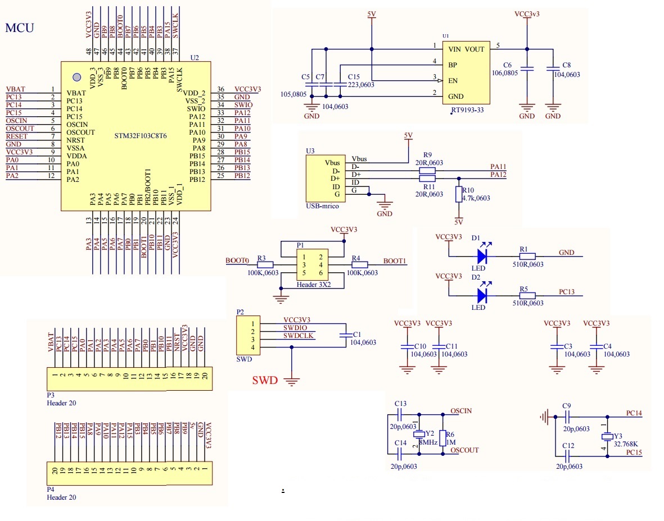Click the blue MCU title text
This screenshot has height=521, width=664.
coord(20,28)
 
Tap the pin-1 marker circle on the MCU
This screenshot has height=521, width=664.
coord(77,77)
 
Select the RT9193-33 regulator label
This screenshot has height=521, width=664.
coord(468,110)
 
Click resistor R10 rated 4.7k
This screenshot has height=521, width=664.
coord(459,194)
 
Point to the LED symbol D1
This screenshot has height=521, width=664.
coord(482,256)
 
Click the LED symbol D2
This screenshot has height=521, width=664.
coord(482,295)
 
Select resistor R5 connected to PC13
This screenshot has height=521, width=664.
coord(527,295)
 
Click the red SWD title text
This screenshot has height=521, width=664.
coord(265,381)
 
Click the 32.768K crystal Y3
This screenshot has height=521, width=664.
coord(607,437)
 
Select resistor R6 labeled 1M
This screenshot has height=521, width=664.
coord(443,438)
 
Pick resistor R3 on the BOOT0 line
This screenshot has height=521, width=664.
coord(265,264)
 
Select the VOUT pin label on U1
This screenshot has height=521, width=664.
coord(475,49)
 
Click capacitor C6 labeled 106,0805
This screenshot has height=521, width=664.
coord(527,69)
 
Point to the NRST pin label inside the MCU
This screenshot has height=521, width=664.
coord(75,140)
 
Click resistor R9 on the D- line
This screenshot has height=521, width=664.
coord(427,171)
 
